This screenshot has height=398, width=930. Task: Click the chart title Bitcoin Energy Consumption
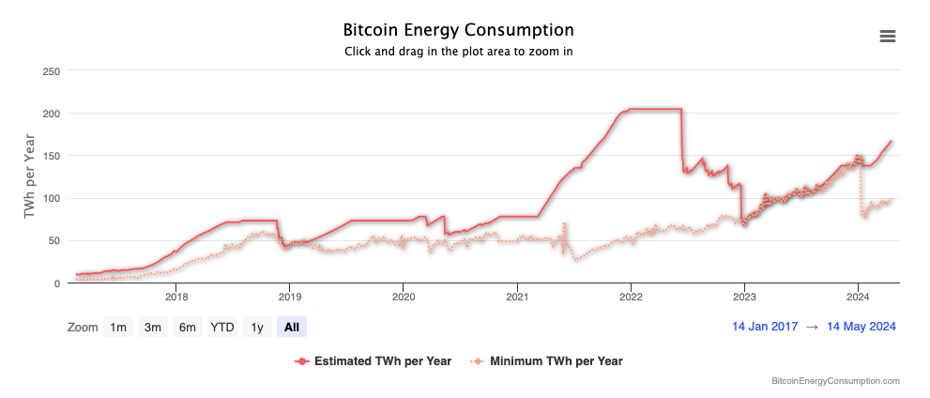click(x=459, y=31)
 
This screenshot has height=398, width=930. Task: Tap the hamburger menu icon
click(x=887, y=37)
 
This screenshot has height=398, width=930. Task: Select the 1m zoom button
click(x=118, y=327)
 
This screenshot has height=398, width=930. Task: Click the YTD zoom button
click(x=222, y=327)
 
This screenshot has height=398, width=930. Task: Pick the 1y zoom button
click(x=256, y=327)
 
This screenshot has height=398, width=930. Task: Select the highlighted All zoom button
click(x=292, y=327)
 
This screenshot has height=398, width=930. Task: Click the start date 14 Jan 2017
click(x=765, y=327)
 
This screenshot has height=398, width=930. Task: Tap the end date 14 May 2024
click(x=861, y=327)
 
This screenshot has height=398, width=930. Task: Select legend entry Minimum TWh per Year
click(x=556, y=360)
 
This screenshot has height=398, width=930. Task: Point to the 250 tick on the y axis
click(x=52, y=71)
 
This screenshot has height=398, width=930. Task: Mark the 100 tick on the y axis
click(x=52, y=198)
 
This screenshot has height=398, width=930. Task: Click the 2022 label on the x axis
click(x=631, y=298)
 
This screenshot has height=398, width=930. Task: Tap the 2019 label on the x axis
click(x=289, y=298)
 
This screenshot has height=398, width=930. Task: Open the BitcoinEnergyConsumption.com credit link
click(x=835, y=381)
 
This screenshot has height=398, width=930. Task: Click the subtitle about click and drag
click(x=459, y=52)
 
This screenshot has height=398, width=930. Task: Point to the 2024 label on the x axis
click(x=858, y=298)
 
